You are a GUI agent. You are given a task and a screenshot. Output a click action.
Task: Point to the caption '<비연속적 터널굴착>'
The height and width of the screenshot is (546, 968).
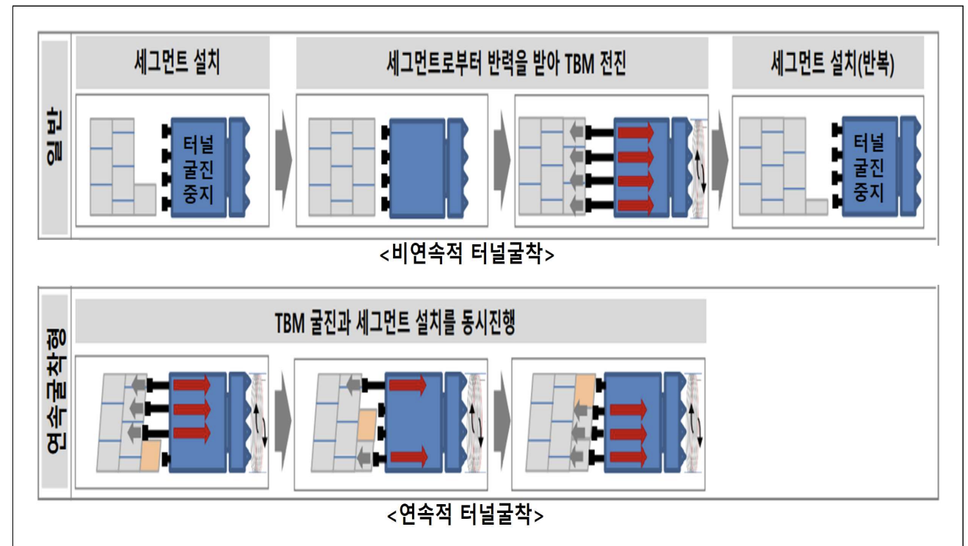[466, 255]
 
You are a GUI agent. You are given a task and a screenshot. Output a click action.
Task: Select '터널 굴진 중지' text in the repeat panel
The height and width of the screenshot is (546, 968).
[870, 168]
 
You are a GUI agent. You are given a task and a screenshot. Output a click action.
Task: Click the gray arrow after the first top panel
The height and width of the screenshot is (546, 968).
[283, 158]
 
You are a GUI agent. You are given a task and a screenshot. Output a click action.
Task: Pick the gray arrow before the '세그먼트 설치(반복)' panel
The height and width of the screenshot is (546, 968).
[722, 158]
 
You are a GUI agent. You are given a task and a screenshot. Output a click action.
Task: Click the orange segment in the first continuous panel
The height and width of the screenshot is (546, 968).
[151, 455]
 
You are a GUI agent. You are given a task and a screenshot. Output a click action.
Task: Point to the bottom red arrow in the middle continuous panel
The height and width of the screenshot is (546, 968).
[411, 459]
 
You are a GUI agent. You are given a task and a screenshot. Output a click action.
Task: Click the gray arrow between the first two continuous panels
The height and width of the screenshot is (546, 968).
[282, 421]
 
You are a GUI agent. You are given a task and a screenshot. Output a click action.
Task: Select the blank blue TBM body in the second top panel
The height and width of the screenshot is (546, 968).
[416, 167]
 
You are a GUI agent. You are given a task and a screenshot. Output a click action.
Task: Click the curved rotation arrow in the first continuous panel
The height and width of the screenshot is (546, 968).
[259, 421]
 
